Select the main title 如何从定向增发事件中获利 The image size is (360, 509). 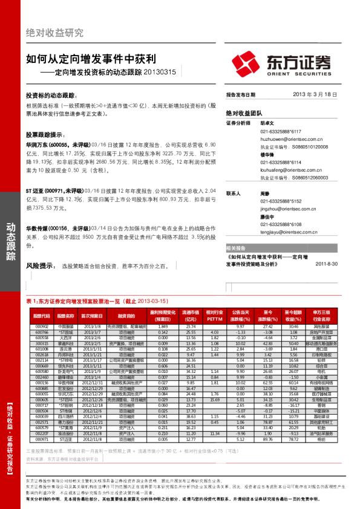(91, 60)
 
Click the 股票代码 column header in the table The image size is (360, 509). (41, 316)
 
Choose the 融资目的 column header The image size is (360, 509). (126, 316)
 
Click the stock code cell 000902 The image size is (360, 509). (41, 326)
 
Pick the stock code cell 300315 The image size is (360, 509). (41, 343)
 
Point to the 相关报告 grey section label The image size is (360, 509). (236, 248)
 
